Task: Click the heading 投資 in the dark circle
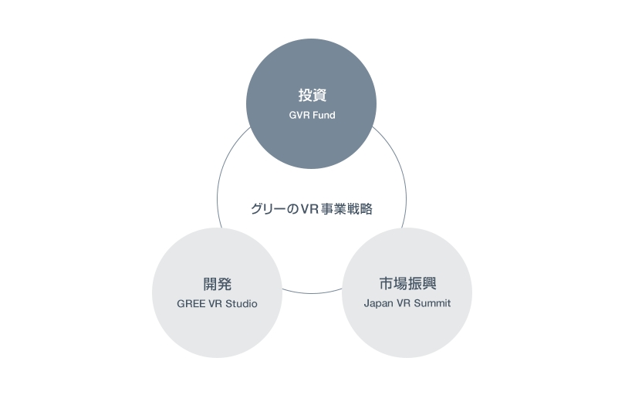pos(312,96)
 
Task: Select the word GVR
pos(300,116)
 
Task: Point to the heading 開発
pos(218,283)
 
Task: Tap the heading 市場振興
pos(407,283)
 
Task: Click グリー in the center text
pos(265,208)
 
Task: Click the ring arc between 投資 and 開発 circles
pos(221,185)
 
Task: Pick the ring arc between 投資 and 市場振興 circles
pos(400,178)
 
